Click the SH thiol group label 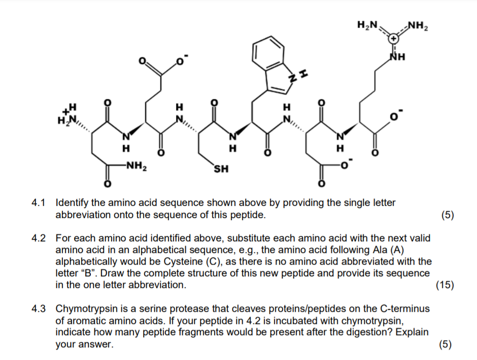[220, 169]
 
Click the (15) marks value [445, 285]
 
